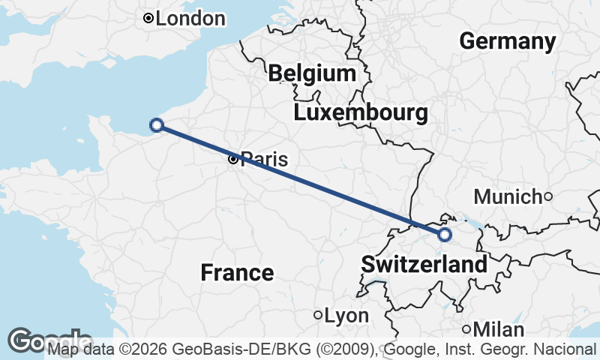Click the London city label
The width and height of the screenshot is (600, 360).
tap(190, 18)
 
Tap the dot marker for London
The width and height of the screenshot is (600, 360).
tap(148, 18)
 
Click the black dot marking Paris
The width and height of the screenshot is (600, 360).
tap(233, 159)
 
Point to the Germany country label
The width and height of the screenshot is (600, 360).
tap(508, 41)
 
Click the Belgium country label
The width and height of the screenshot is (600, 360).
tap(312, 73)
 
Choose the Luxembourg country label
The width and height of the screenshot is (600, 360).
tap(361, 113)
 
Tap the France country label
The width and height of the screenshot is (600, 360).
tap(237, 272)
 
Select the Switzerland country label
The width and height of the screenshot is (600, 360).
tap(424, 264)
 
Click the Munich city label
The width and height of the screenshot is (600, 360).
tap(508, 197)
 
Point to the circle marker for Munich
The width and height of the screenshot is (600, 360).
tap(548, 196)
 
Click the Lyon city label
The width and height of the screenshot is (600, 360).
tap(346, 316)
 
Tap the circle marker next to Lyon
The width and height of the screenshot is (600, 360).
tap(318, 315)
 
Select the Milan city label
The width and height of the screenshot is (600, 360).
tap(499, 329)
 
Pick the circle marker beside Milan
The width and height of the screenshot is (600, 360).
tap(466, 329)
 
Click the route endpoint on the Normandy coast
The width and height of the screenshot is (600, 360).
tap(156, 125)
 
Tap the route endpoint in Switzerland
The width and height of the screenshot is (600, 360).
tap(445, 235)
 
